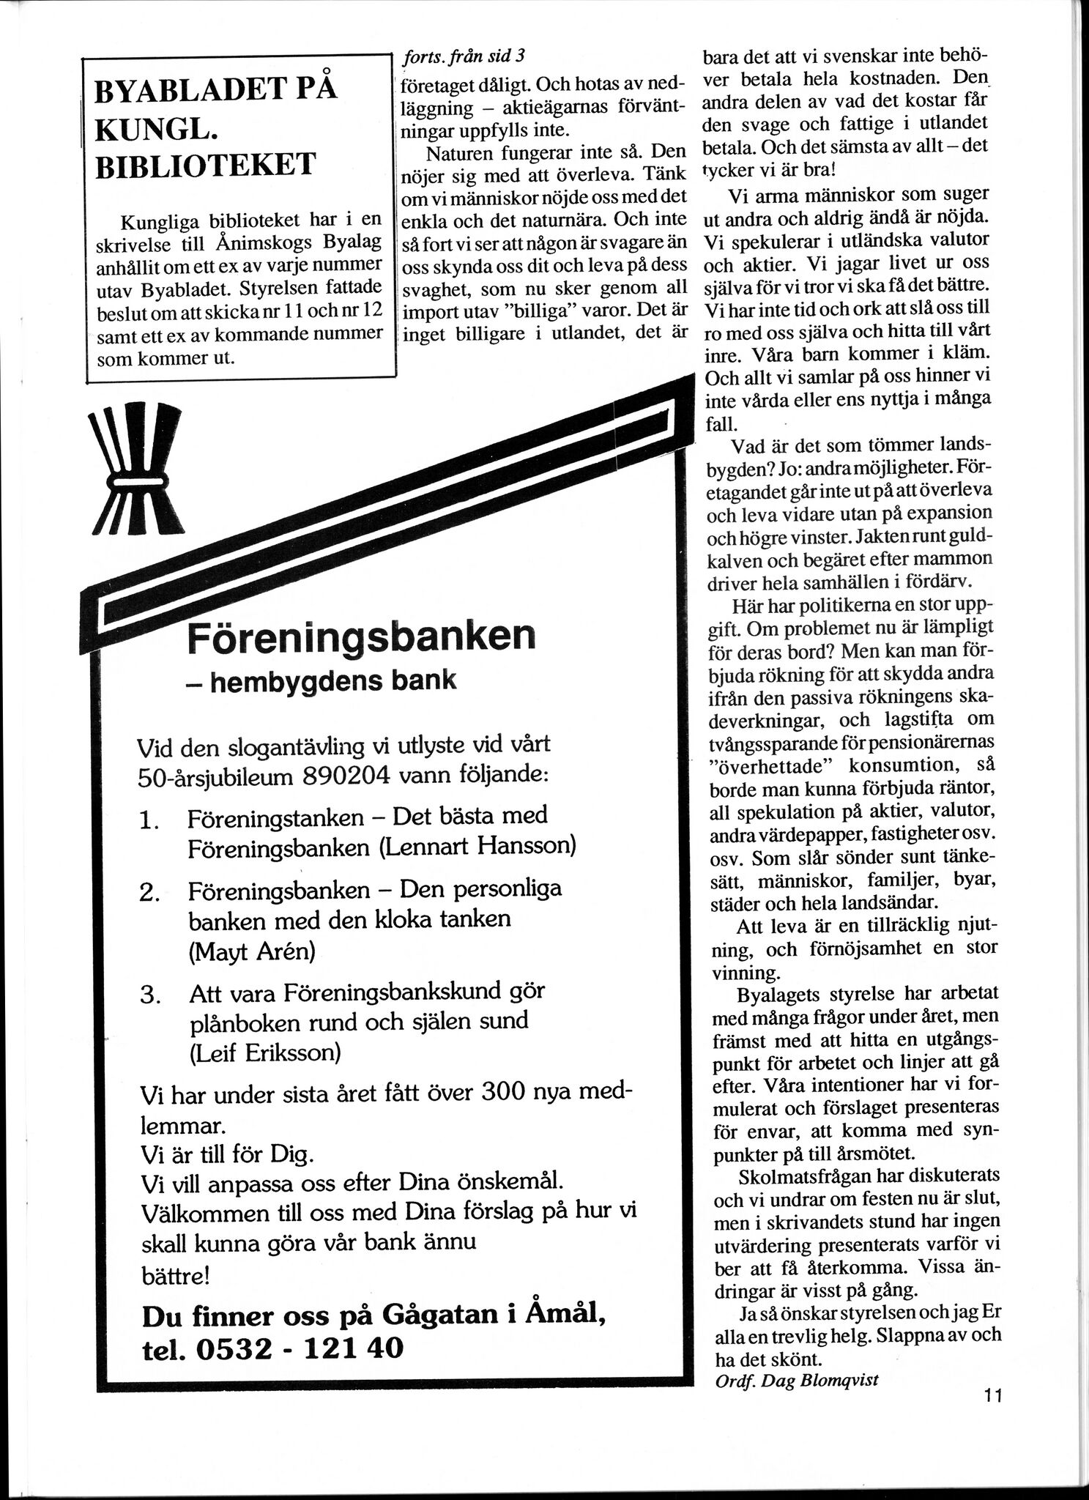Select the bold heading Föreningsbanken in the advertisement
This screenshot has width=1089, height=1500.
pyautogui.click(x=361, y=636)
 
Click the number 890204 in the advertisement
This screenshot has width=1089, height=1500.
pyautogui.click(x=343, y=776)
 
